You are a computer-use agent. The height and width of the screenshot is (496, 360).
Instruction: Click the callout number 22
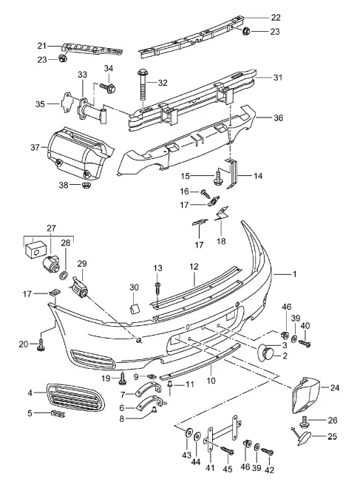click(x=275, y=18)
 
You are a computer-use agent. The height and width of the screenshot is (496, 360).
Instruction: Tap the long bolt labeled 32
click(x=142, y=88)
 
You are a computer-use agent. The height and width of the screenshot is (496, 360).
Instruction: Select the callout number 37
click(x=35, y=147)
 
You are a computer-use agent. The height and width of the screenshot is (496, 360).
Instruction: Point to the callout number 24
click(x=334, y=387)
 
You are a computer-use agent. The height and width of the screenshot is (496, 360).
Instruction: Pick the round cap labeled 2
click(x=266, y=353)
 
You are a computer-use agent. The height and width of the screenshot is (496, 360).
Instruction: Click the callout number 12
click(x=194, y=266)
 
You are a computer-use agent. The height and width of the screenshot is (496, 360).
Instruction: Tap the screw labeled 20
click(x=41, y=344)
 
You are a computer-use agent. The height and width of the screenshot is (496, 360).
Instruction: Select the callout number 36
click(x=278, y=118)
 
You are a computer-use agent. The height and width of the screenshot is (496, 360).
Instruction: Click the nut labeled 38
click(x=86, y=184)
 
